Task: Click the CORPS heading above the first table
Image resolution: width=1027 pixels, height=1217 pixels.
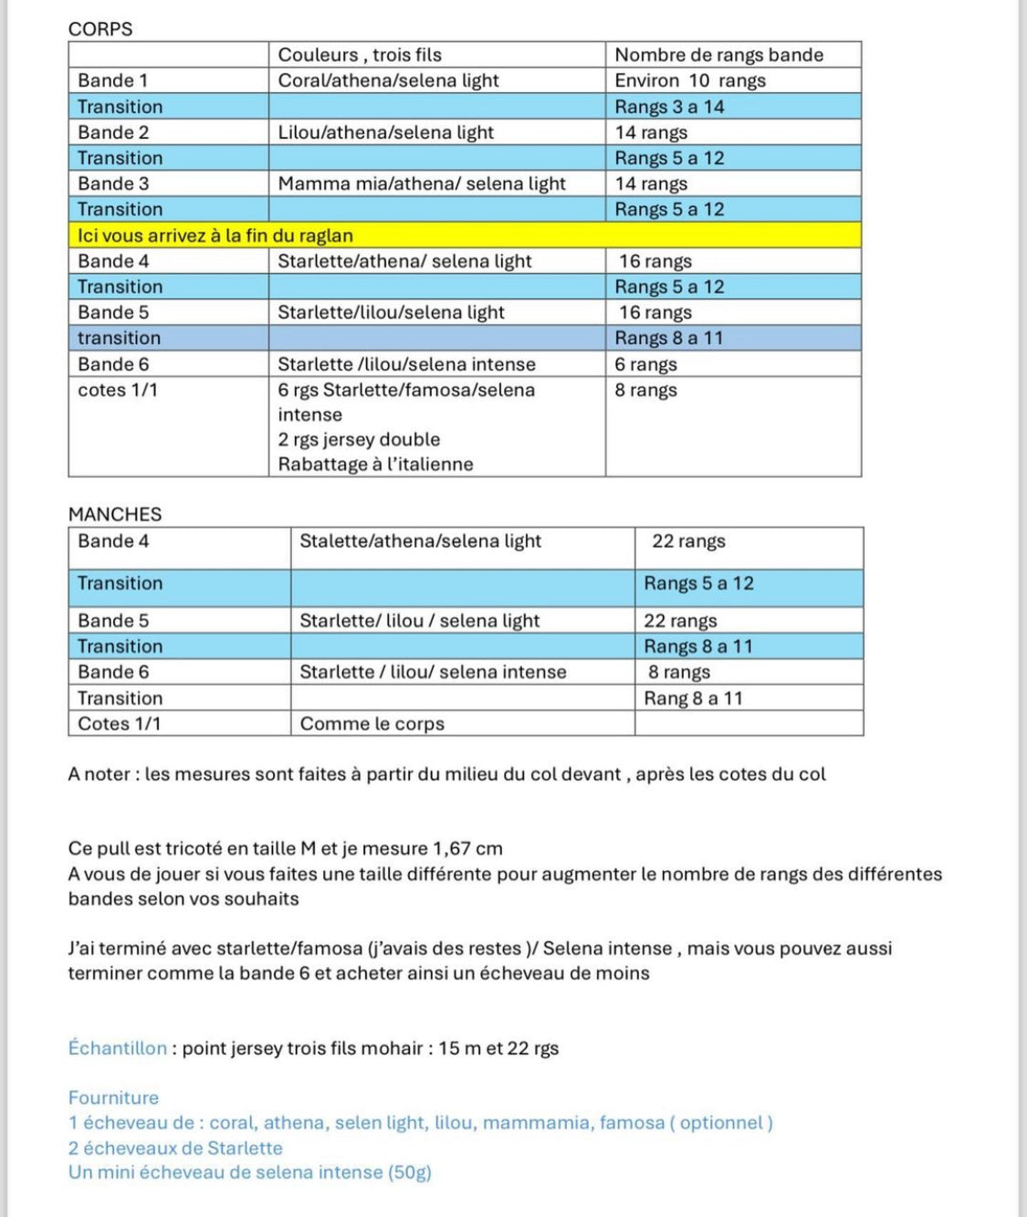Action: pos(100,29)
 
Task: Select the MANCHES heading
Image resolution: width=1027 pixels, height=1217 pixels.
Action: pos(115,514)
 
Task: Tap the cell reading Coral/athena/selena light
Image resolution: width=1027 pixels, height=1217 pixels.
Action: pos(388,80)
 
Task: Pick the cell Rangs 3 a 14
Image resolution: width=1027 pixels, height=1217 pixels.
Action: pos(669,107)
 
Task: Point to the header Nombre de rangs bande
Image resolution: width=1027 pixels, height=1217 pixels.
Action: pos(718,55)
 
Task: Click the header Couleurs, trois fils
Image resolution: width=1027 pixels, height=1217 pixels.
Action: pos(360,55)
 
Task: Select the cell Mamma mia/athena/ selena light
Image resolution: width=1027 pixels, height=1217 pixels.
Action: pos(422,184)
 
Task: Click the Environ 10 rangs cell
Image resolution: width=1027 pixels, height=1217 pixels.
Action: pos(690,80)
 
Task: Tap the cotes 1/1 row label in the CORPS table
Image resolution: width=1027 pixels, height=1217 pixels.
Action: pos(118,390)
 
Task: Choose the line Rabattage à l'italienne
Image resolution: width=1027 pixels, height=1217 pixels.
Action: pos(375,464)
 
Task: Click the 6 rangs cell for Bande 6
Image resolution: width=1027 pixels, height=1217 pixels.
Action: pos(645,364)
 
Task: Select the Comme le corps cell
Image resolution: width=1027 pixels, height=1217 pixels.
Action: pos(372,724)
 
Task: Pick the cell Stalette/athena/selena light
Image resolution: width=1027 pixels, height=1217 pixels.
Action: pos(420,540)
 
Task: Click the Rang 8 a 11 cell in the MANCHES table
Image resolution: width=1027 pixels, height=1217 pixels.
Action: pos(693,698)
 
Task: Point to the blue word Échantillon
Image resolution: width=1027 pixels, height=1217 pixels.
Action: pos(118,1048)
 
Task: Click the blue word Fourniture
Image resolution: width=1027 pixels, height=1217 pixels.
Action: pos(113,1097)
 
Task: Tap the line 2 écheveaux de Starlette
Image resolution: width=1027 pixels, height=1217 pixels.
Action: pos(175,1148)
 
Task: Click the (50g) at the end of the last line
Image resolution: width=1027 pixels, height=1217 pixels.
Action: pos(410,1172)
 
